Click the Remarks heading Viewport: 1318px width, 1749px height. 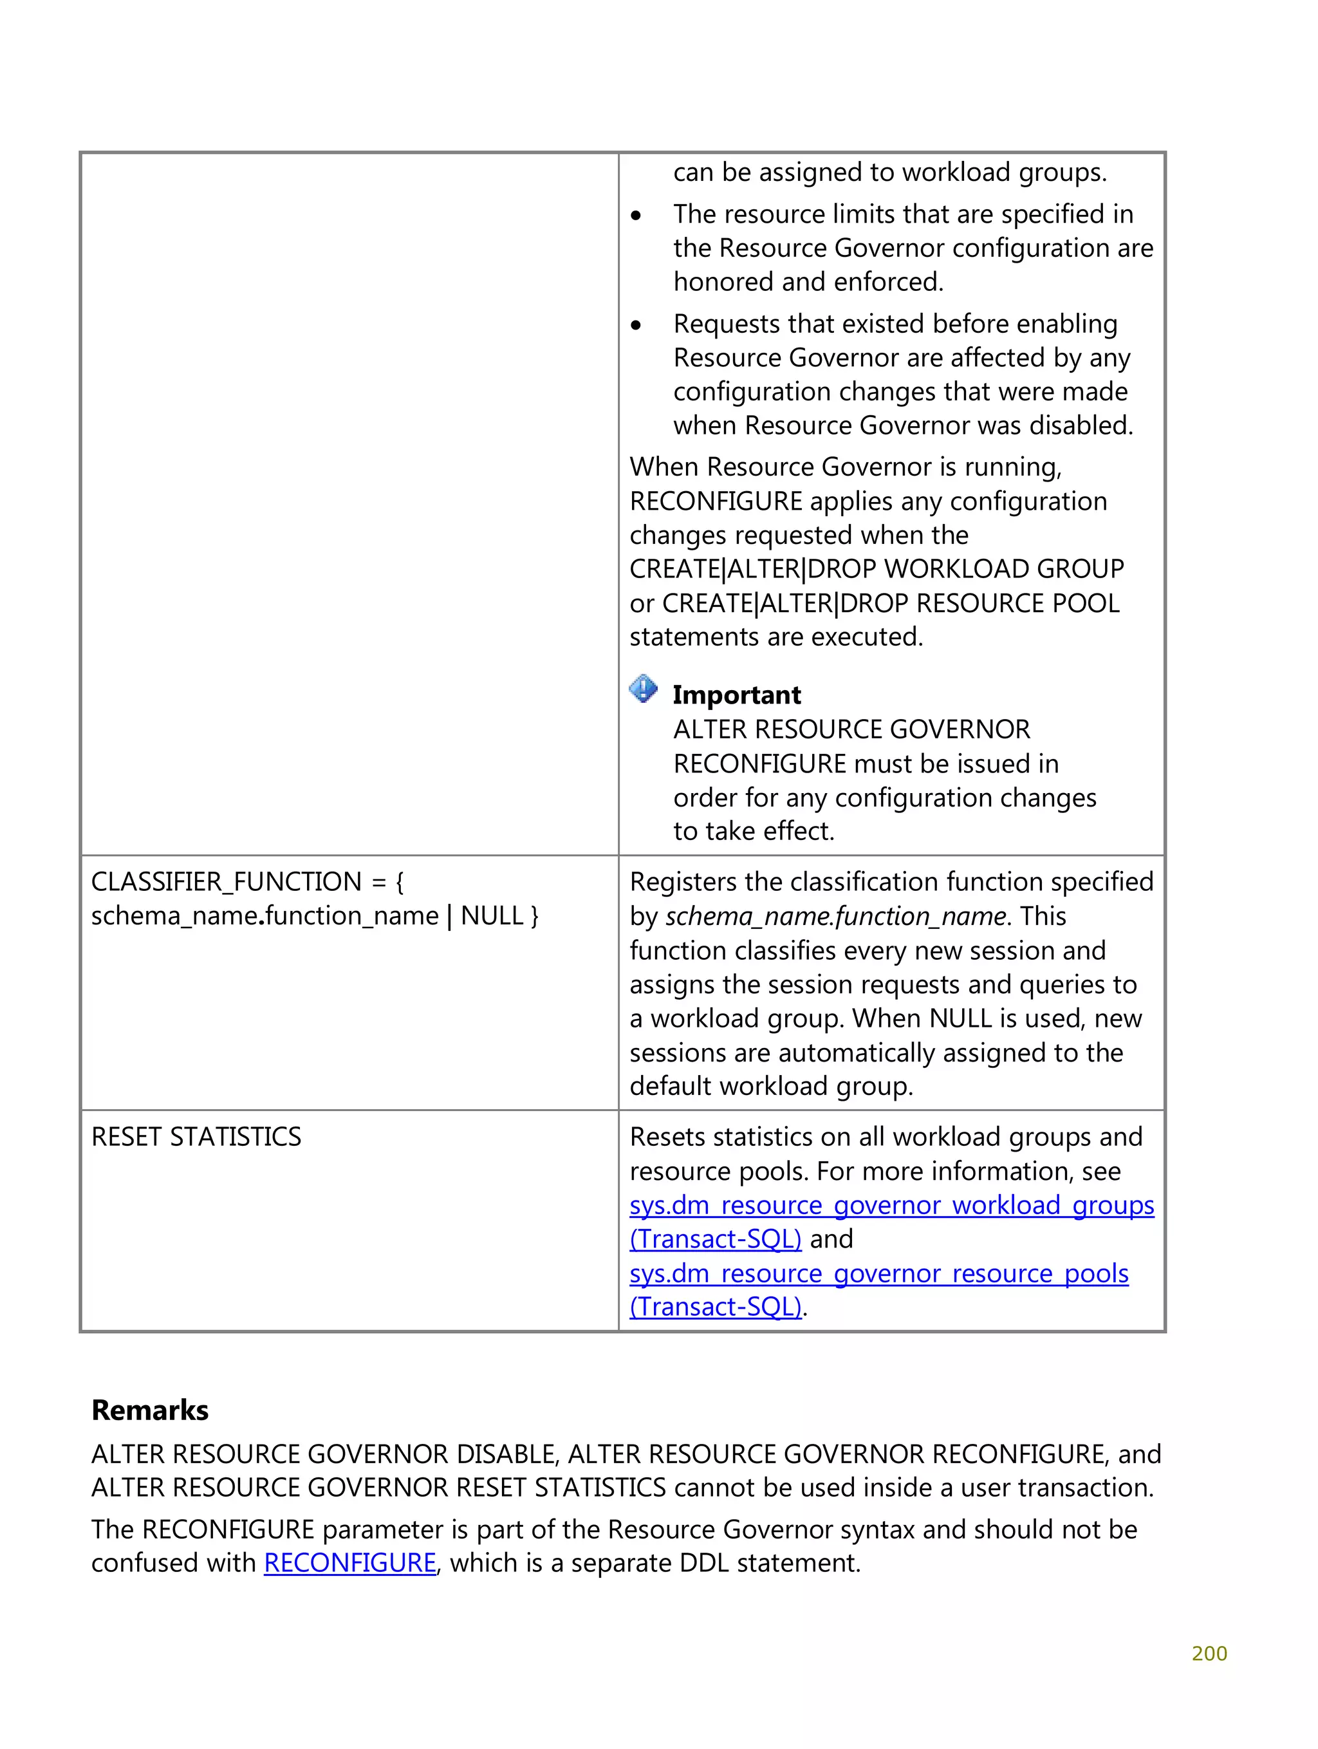coord(149,1410)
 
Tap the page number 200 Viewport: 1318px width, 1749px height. coord(1208,1653)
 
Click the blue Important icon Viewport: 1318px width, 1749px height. coord(643,689)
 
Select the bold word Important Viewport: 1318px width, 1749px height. coord(736,695)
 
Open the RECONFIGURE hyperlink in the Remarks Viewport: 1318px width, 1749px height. coord(349,1563)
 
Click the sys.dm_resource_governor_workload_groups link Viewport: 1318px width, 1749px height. coord(891,1205)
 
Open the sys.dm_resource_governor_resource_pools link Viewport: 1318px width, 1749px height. coord(878,1273)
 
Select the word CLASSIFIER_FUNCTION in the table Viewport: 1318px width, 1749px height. coord(226,882)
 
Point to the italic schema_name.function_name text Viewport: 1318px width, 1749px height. coord(836,917)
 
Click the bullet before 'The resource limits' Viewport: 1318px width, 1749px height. coord(636,215)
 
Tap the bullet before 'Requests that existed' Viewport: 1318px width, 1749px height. coord(636,325)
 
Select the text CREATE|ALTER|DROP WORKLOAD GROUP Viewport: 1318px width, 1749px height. coord(876,569)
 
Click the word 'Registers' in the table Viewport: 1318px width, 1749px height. coord(683,882)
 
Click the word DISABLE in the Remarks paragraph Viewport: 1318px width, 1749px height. coord(508,1454)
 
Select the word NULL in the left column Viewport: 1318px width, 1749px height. coord(492,915)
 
